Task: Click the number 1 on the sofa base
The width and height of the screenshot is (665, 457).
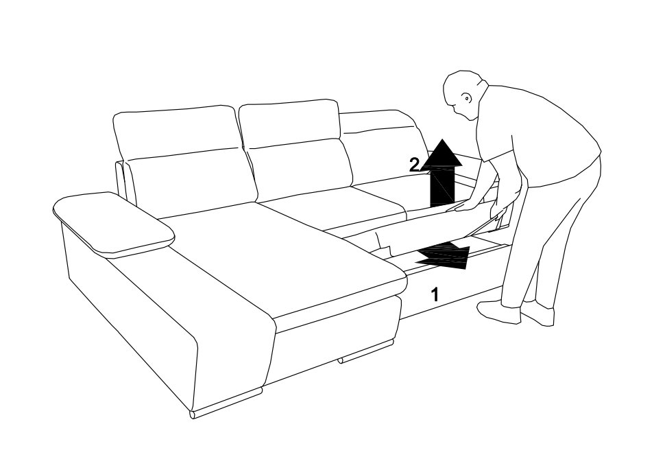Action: [435, 294]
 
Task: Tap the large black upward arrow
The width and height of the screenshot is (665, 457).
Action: [442, 173]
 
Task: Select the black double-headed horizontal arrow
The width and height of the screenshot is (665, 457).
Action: [442, 255]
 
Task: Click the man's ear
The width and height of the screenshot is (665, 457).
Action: [466, 98]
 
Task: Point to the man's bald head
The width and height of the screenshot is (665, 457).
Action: [463, 94]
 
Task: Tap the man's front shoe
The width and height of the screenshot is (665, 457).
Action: [499, 312]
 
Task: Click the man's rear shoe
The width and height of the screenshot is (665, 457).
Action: [537, 313]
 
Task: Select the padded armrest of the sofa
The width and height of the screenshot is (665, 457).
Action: [114, 224]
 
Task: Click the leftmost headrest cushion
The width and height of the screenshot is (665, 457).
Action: [175, 132]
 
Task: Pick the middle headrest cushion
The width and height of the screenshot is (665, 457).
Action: [290, 123]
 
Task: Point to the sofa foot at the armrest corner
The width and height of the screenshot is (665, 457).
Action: [226, 403]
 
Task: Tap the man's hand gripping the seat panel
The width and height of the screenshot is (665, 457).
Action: [464, 205]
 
